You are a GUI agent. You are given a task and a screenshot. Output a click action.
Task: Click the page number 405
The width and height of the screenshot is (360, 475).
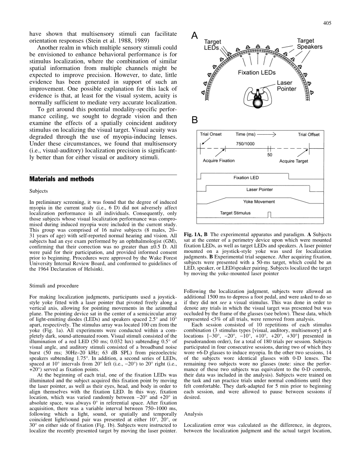[327, 23]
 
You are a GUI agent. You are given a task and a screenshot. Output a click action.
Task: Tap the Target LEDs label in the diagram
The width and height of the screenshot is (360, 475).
[213, 45]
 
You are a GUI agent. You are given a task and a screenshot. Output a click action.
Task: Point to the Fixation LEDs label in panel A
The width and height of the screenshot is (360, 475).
[257, 72]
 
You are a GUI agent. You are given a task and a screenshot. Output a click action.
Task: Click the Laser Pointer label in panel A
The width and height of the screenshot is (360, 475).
[286, 86]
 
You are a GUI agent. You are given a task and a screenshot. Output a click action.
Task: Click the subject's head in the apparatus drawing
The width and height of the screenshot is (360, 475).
[257, 103]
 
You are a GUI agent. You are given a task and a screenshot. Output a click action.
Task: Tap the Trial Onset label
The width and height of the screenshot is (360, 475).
[211, 135]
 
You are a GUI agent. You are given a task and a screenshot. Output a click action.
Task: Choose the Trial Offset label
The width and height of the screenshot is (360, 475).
[309, 135]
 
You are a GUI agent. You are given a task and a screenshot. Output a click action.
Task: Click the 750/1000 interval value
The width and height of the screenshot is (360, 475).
[244, 144]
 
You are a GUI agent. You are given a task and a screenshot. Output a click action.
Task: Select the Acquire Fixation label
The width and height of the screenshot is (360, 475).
[219, 161]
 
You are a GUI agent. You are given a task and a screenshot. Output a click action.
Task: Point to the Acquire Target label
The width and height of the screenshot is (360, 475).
[293, 161]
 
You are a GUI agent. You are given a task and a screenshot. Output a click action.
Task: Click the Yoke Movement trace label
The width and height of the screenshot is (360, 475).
[259, 202]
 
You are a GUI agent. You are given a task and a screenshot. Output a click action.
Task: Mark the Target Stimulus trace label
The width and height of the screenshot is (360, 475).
[235, 213]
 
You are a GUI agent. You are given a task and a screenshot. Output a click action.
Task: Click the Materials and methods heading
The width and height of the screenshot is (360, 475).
[61, 179]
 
